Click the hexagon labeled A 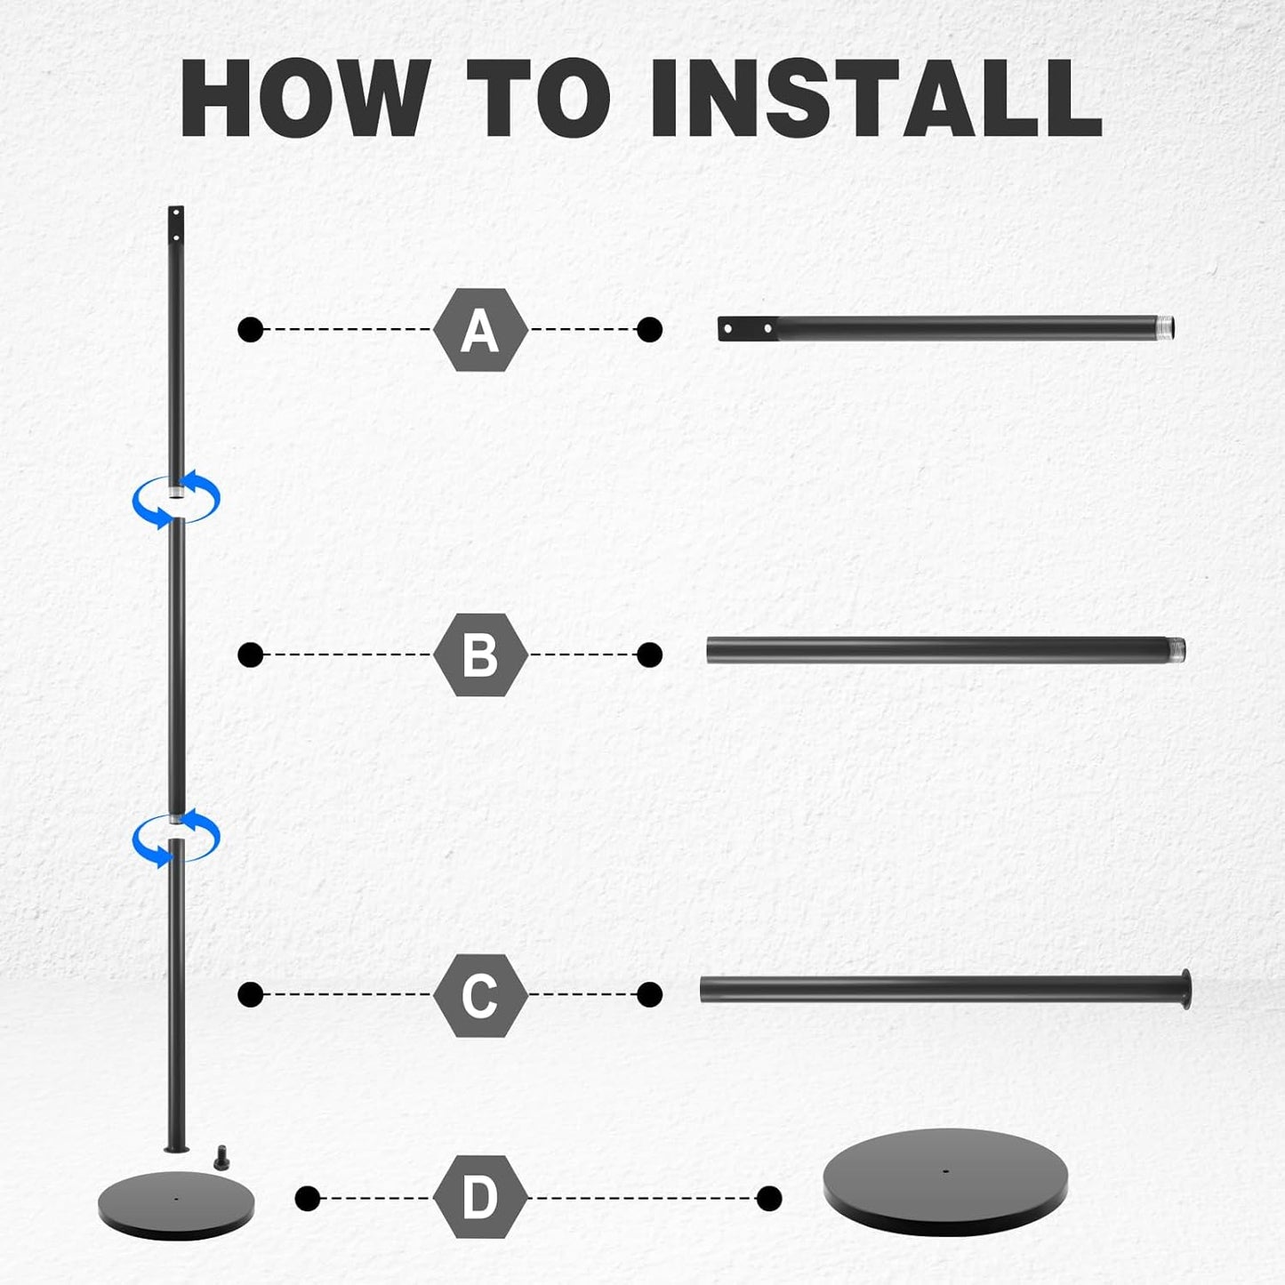(x=480, y=329)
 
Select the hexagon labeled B (x=480, y=655)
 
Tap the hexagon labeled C (x=480, y=995)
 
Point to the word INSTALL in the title (x=876, y=98)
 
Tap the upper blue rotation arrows (x=176, y=499)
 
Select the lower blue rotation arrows (x=176, y=838)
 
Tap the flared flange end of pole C (x=1185, y=990)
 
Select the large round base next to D (x=945, y=1182)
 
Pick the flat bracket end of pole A (x=748, y=329)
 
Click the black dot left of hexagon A (x=251, y=329)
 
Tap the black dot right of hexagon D (x=769, y=1199)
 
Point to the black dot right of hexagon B (x=649, y=655)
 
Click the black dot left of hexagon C (x=251, y=995)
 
